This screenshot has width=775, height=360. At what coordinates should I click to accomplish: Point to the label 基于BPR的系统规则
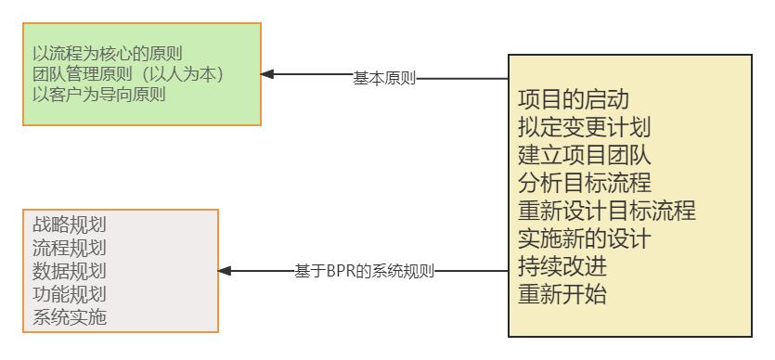364,272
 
